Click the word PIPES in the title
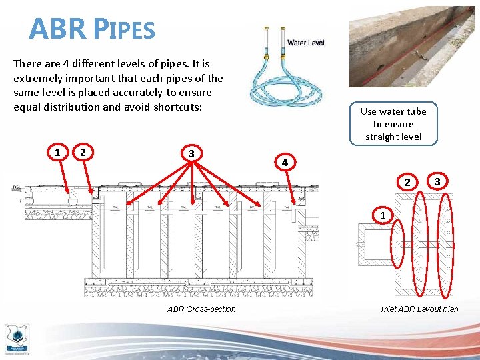[x=123, y=29]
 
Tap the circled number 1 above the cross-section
[x=59, y=153]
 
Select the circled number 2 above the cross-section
[x=83, y=153]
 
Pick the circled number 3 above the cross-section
[x=191, y=153]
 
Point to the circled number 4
[x=285, y=163]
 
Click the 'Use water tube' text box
[x=393, y=124]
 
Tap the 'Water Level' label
[x=305, y=43]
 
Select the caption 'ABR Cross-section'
[x=201, y=309]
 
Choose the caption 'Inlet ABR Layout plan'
[x=419, y=309]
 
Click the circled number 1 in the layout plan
[x=382, y=216]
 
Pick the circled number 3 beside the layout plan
[x=437, y=181]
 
